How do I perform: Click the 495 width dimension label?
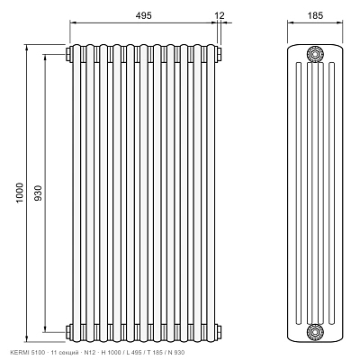click(143, 15)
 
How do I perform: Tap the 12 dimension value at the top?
click(220, 15)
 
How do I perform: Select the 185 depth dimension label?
click(315, 15)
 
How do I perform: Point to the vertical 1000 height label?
click(19, 193)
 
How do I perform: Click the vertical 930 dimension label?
click(38, 193)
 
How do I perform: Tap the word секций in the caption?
click(66, 353)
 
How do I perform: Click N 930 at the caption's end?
click(178, 353)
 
